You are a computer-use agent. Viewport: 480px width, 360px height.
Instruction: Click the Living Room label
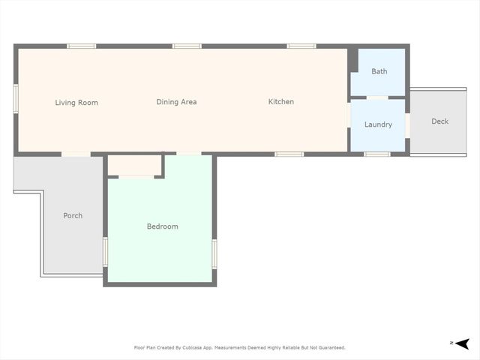(76, 103)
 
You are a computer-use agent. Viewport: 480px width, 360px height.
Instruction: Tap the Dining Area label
(176, 102)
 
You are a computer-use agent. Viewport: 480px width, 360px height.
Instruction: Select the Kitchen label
(281, 102)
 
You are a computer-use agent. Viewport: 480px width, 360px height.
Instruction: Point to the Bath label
(379, 72)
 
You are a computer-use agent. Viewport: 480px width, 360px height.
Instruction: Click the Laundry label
(378, 124)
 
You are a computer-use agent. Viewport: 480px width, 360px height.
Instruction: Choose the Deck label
(439, 121)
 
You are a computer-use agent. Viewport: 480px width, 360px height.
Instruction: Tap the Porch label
(73, 216)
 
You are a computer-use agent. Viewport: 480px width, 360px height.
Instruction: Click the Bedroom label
(162, 226)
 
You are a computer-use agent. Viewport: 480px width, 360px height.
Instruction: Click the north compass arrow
(463, 343)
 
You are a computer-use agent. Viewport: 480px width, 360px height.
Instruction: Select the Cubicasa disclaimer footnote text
(239, 348)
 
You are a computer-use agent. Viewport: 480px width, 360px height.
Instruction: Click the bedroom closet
(136, 165)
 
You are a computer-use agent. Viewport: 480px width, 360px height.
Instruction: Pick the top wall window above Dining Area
(187, 46)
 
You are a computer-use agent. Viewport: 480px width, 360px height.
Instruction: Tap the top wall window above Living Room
(81, 46)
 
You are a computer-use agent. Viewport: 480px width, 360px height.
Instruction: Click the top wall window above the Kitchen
(302, 46)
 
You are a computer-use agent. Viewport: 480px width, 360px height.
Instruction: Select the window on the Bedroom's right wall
(214, 253)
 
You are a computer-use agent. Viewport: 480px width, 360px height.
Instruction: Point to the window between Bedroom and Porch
(106, 250)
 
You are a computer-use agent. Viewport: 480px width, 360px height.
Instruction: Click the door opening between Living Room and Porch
(76, 154)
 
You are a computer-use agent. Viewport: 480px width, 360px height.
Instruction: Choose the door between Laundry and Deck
(407, 125)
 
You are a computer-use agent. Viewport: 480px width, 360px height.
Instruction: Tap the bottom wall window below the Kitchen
(289, 154)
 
